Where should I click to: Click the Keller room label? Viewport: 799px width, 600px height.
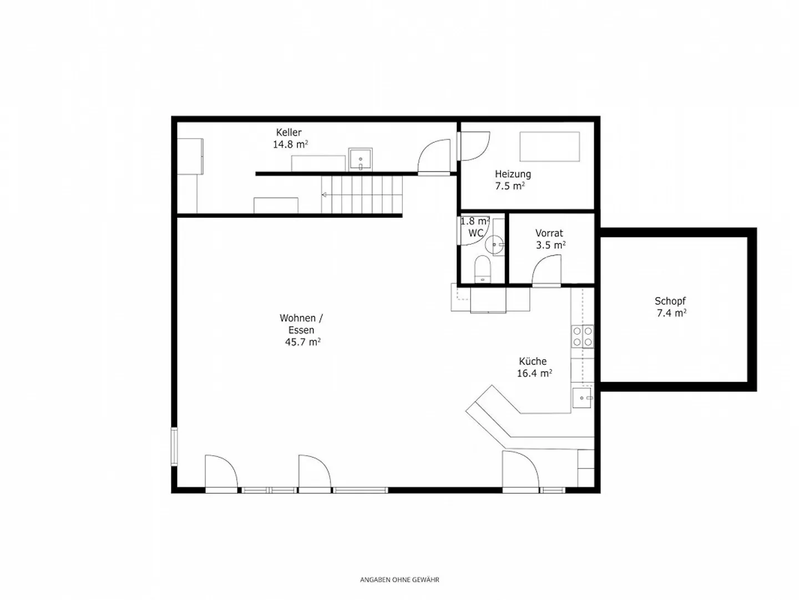click(x=289, y=133)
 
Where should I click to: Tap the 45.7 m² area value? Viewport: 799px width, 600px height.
click(x=302, y=342)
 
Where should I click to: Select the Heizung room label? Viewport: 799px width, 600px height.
click(x=513, y=174)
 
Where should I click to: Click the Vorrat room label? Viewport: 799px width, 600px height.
click(x=549, y=233)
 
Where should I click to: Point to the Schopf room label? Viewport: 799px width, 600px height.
click(x=670, y=301)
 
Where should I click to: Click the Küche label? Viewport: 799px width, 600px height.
click(x=533, y=361)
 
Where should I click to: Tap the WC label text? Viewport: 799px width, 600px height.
click(x=476, y=233)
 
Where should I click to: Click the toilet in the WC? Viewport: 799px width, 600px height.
click(x=483, y=269)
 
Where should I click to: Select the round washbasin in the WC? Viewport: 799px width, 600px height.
click(x=494, y=244)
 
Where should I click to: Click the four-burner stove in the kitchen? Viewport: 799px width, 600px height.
click(x=583, y=336)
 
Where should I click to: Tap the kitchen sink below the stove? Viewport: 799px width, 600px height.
click(x=583, y=397)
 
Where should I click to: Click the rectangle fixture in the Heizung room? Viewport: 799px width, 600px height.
click(x=549, y=147)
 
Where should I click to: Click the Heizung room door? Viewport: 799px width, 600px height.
click(x=474, y=146)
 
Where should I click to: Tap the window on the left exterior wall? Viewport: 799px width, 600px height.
click(x=174, y=446)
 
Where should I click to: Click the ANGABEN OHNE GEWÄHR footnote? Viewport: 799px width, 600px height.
click(x=399, y=580)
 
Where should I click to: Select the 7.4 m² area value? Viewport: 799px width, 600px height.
click(x=671, y=313)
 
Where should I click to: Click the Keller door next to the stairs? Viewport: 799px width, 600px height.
click(x=434, y=157)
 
